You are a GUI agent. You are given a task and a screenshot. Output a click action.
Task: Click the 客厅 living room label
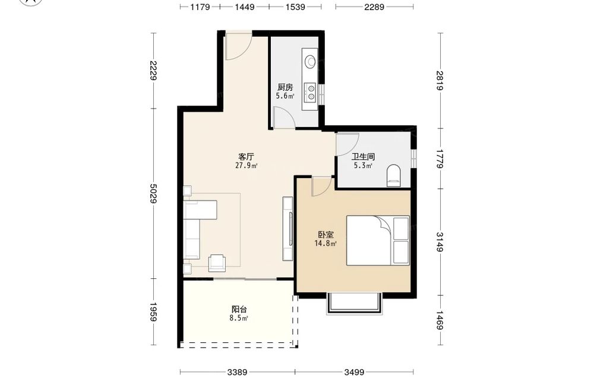(x=246, y=156)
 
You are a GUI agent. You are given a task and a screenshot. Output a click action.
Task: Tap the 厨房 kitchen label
(x=285, y=87)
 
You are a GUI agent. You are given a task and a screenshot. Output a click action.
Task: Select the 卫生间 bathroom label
(x=363, y=156)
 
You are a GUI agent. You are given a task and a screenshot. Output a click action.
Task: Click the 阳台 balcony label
(x=239, y=309)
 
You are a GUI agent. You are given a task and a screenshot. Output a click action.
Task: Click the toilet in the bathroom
(x=394, y=176)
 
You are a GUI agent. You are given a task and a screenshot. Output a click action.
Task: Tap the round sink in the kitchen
(x=311, y=61)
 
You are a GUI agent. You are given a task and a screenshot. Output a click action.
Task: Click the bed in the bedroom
(x=378, y=241)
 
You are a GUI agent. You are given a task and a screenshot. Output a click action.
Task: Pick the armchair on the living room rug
(x=217, y=263)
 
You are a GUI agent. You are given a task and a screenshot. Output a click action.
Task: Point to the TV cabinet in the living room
(x=288, y=228)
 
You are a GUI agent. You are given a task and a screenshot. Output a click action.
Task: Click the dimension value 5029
(x=153, y=193)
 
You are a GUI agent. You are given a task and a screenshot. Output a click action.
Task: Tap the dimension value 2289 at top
(x=374, y=7)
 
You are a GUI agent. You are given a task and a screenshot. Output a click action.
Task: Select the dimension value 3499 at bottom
(x=354, y=372)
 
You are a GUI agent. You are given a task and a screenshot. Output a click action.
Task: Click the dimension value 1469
(x=439, y=320)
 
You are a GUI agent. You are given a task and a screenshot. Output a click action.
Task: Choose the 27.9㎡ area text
(x=247, y=166)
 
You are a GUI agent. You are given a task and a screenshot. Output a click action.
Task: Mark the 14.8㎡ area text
(x=326, y=243)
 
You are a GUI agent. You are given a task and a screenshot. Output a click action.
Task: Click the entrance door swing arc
(x=242, y=52)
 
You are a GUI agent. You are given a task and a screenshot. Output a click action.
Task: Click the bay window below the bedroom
(x=354, y=303)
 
